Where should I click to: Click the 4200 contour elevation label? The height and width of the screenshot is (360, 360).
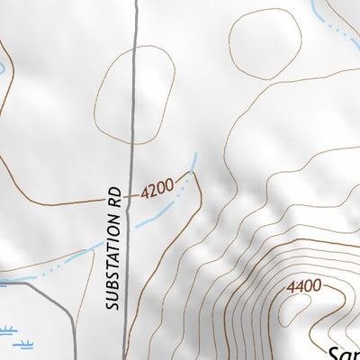[x=156, y=190]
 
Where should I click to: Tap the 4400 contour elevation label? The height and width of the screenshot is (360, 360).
[x=303, y=286]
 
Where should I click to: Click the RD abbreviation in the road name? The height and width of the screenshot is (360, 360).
[x=114, y=198]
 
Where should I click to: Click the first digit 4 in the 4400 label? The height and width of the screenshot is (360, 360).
[x=291, y=287]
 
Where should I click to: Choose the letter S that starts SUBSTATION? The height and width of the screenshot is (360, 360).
[x=112, y=305]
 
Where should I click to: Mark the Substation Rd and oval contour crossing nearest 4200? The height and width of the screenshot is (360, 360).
[x=133, y=142]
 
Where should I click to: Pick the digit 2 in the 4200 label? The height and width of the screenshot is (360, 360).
[x=151, y=191]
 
